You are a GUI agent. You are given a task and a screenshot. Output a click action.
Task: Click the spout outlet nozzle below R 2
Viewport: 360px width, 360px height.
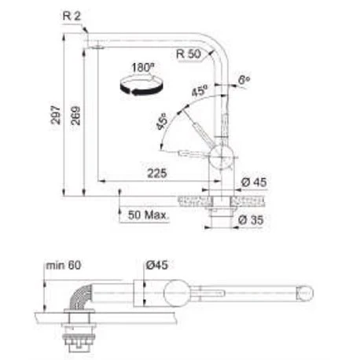click(95, 48)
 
